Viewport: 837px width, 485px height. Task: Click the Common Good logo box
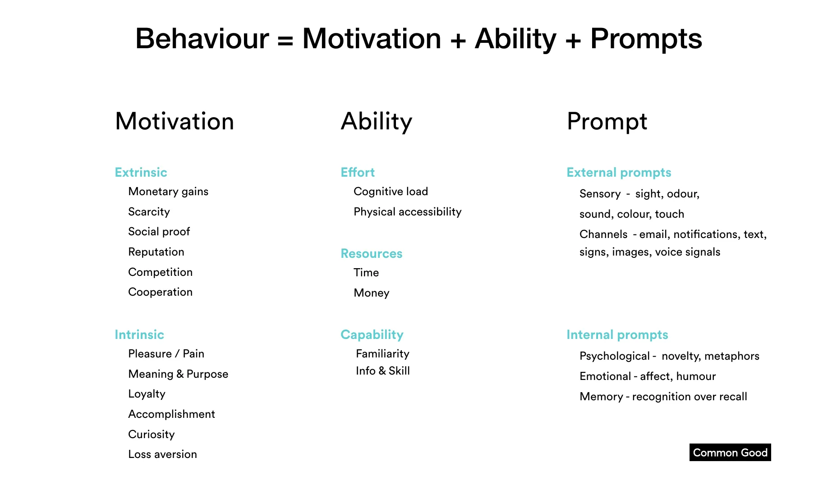(730, 453)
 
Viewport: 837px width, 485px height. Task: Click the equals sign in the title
(285, 40)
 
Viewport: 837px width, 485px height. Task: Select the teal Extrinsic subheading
(141, 173)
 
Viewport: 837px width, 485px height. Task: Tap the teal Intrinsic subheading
(139, 335)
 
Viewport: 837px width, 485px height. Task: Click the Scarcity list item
(149, 212)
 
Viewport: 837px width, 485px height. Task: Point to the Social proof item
(159, 232)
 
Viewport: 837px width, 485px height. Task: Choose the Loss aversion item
(162, 454)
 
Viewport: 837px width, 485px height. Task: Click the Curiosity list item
(151, 435)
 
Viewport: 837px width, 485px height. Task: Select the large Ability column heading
(376, 122)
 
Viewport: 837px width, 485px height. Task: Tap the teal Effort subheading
(358, 173)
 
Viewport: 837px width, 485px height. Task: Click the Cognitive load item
(391, 192)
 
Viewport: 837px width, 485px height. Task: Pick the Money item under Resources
(371, 293)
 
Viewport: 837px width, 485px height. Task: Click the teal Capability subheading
(372, 335)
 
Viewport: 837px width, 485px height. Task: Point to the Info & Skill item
(382, 371)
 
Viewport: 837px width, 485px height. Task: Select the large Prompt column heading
(607, 122)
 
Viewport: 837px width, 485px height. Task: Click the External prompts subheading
(619, 173)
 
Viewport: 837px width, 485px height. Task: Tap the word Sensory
(600, 194)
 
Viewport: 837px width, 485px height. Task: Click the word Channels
(603, 234)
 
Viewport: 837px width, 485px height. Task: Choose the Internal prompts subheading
(617, 335)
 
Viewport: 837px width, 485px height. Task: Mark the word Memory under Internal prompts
(601, 397)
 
